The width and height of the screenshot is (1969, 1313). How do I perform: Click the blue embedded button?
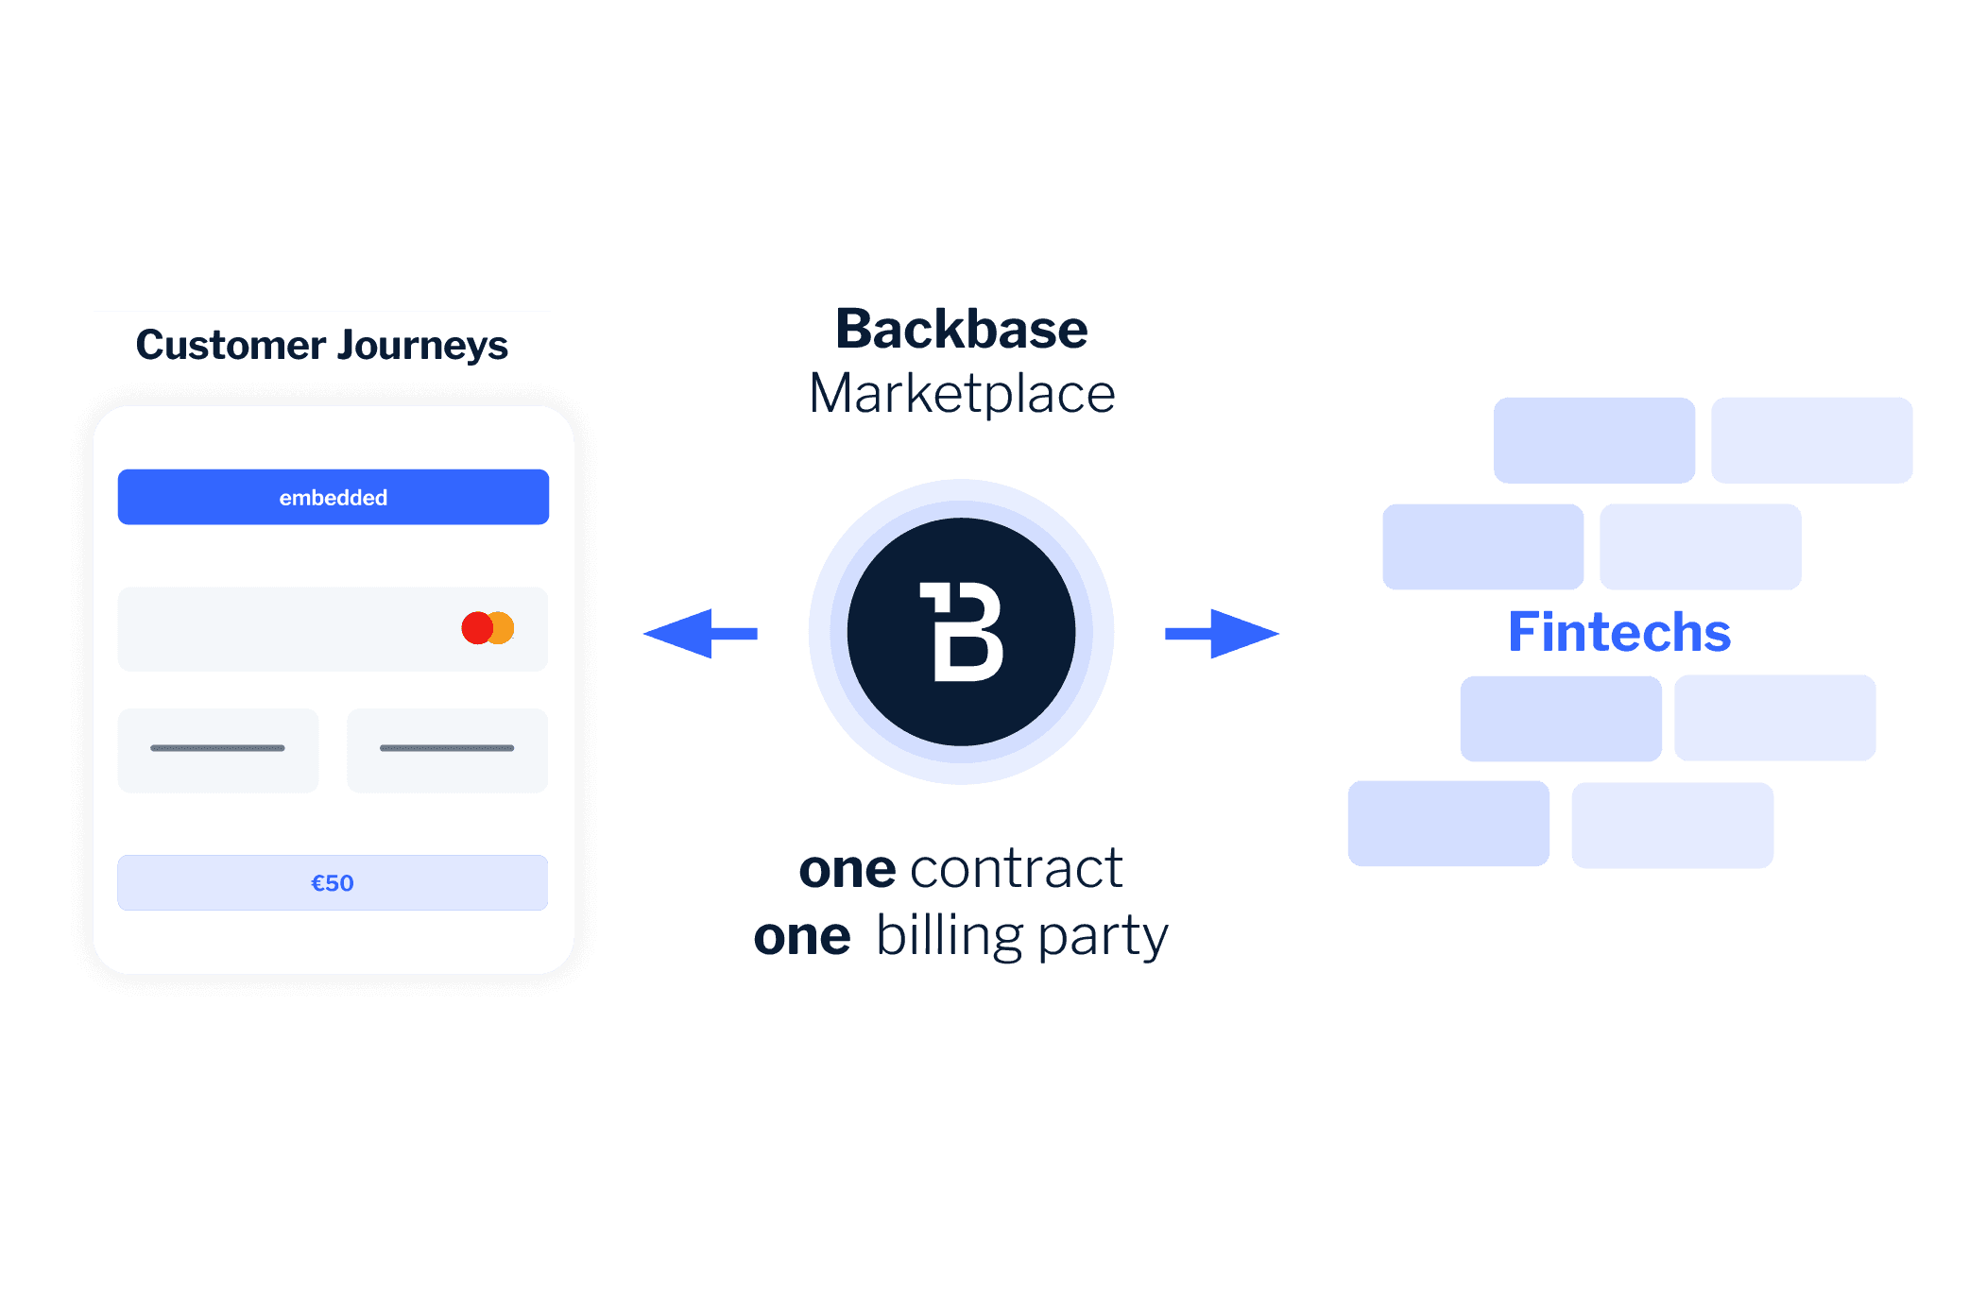point(333,497)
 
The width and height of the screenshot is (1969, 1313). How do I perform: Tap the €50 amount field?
point(333,882)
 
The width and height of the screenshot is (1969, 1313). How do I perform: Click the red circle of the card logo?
point(475,628)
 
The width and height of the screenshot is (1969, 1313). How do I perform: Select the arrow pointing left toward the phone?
point(699,633)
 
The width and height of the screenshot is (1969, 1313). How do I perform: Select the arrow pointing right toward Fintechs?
point(1223,633)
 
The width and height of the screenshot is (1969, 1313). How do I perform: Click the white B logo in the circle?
point(961,632)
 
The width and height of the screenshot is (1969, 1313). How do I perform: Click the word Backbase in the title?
point(961,330)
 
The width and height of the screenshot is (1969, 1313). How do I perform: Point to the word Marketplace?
point(962,394)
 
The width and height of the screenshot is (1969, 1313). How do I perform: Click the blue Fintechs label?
point(1618,632)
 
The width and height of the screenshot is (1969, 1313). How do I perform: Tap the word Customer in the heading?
point(231,345)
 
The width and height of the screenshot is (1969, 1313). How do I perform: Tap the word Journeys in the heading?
point(422,345)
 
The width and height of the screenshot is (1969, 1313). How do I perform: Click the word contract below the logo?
point(1016,869)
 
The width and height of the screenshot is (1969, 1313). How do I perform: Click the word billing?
point(949,936)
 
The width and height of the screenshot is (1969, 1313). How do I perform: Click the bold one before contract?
point(847,870)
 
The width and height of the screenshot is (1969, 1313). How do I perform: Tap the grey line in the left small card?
point(217,748)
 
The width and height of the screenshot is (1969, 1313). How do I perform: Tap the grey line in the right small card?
point(447,748)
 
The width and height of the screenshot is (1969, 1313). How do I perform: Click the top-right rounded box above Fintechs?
point(1811,440)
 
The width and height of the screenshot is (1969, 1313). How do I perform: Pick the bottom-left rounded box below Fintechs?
point(1448,824)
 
